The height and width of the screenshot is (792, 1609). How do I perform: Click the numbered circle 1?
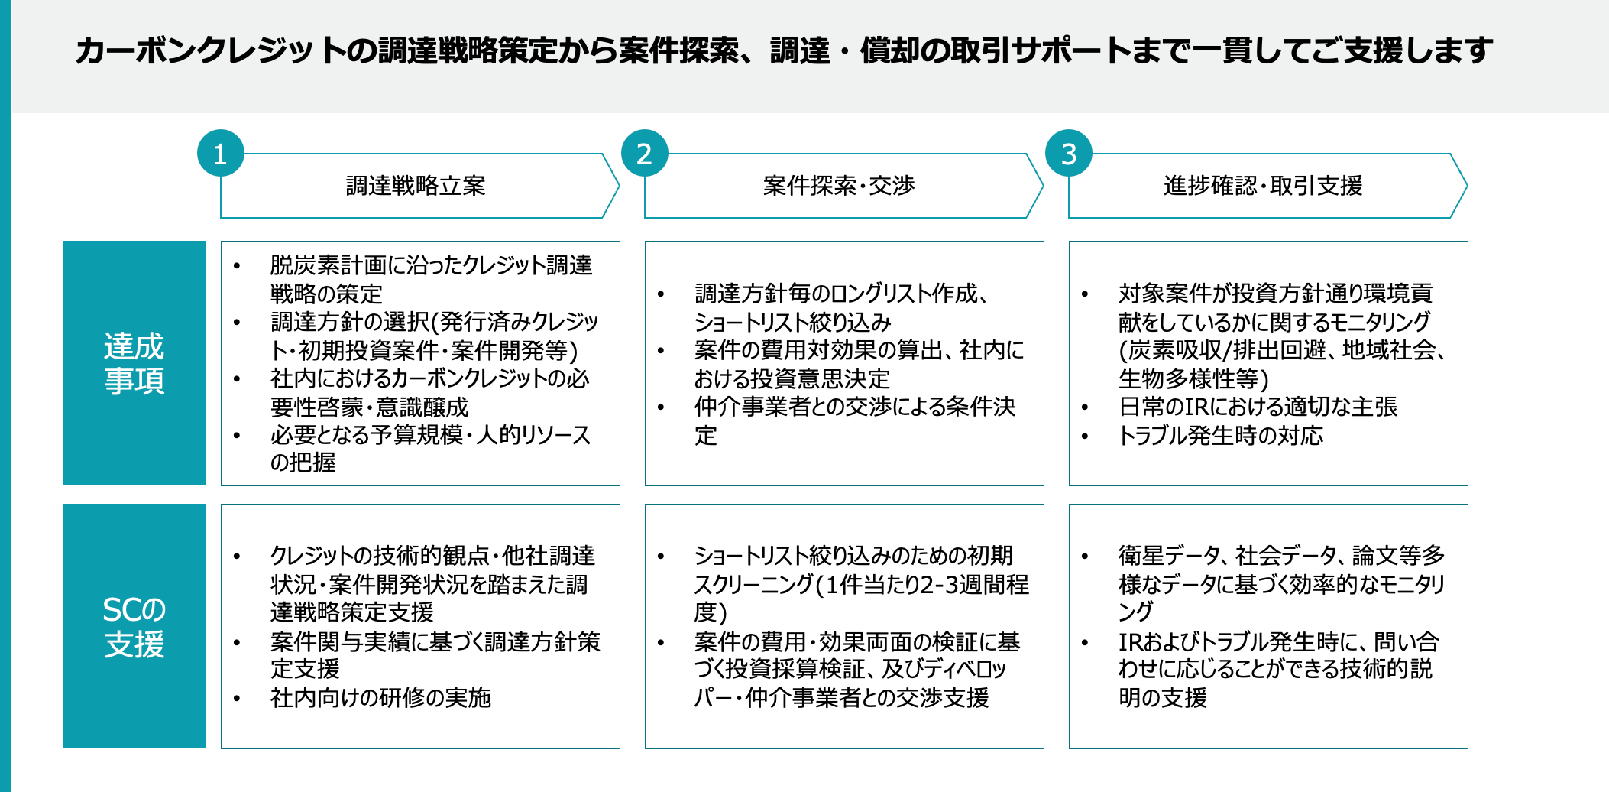coord(220,154)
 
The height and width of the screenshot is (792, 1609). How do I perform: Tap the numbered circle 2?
coord(644,154)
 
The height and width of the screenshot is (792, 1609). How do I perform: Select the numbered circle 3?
coord(1068,154)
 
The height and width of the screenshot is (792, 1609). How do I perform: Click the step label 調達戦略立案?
coord(416,186)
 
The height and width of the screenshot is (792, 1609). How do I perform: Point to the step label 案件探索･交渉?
coord(839,186)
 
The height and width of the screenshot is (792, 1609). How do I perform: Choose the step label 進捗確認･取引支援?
coord(1263,186)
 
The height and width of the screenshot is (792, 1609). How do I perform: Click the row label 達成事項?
coord(134,363)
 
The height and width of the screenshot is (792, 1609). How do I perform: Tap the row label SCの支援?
coord(134,626)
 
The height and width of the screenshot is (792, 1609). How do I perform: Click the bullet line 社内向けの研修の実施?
coord(380,697)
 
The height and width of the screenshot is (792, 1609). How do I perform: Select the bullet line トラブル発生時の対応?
coord(1220,436)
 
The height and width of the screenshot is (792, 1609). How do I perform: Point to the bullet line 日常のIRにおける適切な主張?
coord(1258,407)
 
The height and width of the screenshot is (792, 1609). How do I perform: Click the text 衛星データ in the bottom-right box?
coord(1169,555)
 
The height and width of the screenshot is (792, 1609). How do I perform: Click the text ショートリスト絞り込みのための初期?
coord(853,555)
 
